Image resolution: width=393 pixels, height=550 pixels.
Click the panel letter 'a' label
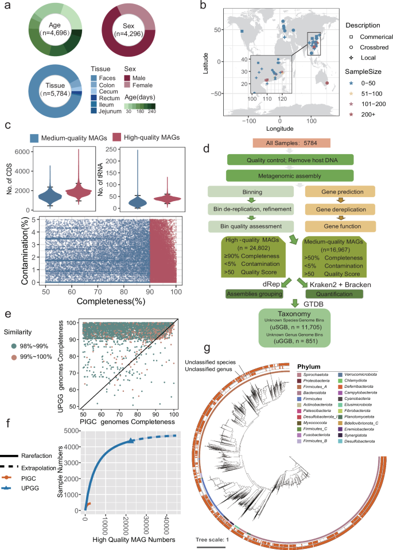7,6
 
